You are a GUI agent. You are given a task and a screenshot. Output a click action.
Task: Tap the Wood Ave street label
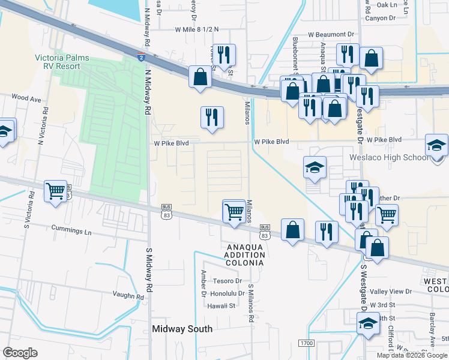25,97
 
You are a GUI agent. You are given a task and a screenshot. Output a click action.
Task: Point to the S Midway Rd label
148,270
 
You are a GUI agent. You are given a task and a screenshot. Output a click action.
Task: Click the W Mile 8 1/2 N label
197,29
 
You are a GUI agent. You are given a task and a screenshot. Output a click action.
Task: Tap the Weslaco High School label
396,158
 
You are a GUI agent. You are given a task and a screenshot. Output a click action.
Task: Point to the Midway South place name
182,329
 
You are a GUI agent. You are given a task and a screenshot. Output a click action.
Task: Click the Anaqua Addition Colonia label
245,255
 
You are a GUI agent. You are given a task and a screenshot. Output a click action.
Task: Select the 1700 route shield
306,343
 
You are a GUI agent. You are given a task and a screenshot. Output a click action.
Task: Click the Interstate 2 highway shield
140,58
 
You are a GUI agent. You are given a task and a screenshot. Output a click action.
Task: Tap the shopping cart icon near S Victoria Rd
56,191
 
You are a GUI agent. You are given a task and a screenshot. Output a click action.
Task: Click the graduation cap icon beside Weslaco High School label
436,145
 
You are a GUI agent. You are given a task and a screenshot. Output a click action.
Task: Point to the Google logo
20,353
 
